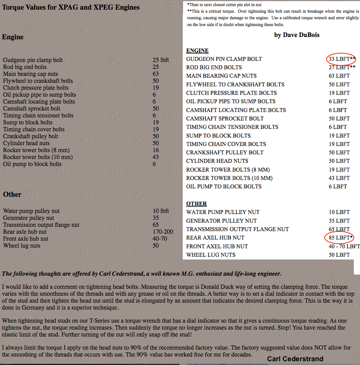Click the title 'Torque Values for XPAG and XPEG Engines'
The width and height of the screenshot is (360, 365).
pyautogui.click(x=71, y=7)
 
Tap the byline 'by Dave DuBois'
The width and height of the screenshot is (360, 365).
pyautogui.click(x=297, y=35)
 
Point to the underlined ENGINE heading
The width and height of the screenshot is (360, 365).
pyautogui.click(x=197, y=50)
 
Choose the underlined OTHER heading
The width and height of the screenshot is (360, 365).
pyautogui.click(x=197, y=204)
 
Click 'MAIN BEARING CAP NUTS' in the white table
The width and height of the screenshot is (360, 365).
pyautogui.click(x=221, y=76)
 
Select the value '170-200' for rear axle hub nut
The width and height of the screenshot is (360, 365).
pyautogui.click(x=163, y=232)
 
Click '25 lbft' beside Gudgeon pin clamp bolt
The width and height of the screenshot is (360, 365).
pyautogui.click(x=161, y=60)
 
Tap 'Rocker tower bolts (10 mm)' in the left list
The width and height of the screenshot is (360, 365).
pyautogui.click(x=38, y=157)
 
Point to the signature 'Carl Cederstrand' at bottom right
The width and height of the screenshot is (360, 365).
pyautogui.click(x=295, y=359)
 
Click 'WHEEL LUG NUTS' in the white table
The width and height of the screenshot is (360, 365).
pyautogui.click(x=211, y=255)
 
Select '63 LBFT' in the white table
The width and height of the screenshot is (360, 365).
pyautogui.click(x=339, y=76)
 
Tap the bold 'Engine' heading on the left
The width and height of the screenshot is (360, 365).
pyautogui.click(x=13, y=37)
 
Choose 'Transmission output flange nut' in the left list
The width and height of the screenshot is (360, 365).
pyautogui.click(x=41, y=225)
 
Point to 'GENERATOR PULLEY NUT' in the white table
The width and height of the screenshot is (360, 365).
pyautogui.click(x=221, y=221)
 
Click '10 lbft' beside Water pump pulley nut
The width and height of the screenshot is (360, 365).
pyautogui.click(x=161, y=211)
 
